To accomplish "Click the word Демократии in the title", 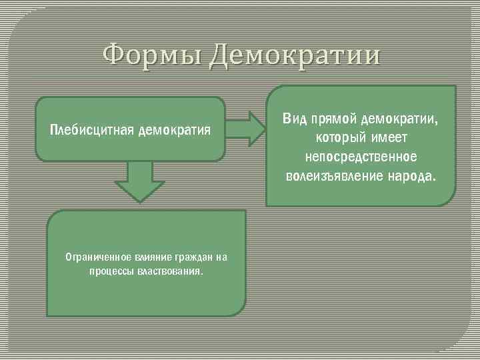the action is pos(294,55).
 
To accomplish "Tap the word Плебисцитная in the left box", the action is pos(91,129).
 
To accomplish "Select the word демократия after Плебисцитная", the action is pos(175,129).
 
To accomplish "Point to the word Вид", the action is pos(293,119).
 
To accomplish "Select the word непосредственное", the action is pos(361,157).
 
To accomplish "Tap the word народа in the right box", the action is pos(411,176).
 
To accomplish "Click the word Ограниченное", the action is pos(93,257).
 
